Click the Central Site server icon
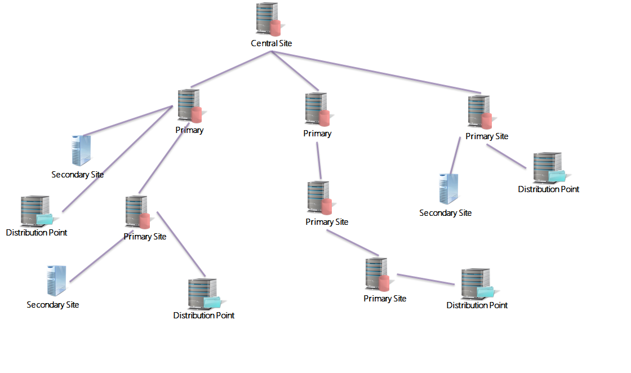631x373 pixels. coord(267,20)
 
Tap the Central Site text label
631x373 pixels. coord(272,43)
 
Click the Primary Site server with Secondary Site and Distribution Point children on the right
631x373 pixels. coord(479,112)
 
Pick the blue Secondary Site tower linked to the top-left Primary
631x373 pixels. coord(81,150)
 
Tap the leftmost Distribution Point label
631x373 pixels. coord(37,233)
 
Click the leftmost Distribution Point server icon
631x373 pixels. coord(35,211)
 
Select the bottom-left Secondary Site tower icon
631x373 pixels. coord(56,280)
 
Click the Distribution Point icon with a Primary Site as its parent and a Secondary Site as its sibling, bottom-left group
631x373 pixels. coord(203,293)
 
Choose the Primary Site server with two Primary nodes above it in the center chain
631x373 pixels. coord(319,198)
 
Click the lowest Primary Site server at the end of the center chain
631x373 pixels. coord(377,274)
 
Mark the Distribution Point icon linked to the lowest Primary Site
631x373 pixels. coord(476,284)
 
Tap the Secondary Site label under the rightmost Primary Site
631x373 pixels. coord(445,213)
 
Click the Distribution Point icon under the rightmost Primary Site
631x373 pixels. coord(548,167)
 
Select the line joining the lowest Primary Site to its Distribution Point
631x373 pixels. coord(425,279)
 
